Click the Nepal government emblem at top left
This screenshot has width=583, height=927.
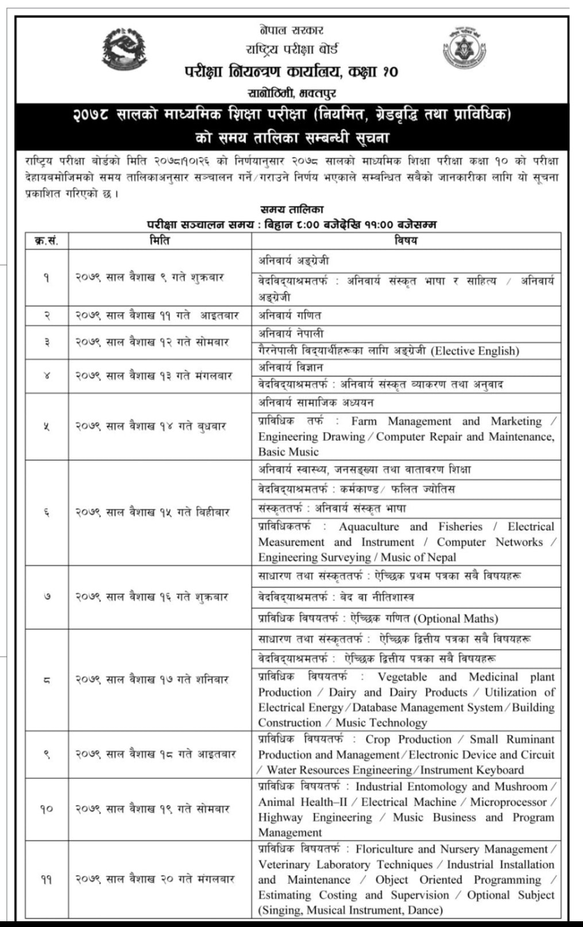click(125, 50)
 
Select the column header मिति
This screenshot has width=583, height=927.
click(159, 240)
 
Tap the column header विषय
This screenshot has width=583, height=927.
click(406, 240)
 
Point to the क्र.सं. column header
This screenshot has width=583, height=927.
click(47, 240)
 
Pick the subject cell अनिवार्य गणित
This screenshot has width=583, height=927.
click(289, 316)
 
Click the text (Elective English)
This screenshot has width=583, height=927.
click(474, 351)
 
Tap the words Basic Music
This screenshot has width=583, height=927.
click(288, 452)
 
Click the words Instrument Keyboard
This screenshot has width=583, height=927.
click(472, 770)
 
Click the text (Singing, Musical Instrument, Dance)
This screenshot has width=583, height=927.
click(350, 910)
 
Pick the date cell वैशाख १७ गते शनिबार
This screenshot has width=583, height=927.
click(152, 679)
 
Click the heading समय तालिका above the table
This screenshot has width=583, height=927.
click(291, 210)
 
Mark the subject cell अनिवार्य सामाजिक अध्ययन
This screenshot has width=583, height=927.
click(316, 402)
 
